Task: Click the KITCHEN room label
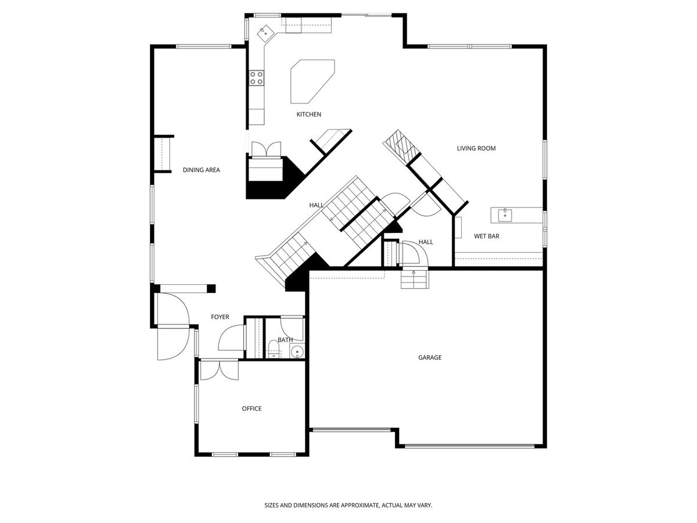(308, 114)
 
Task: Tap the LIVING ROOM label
(476, 148)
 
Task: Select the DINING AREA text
(202, 170)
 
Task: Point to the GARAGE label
(430, 357)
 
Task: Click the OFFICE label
(252, 409)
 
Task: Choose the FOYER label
(220, 317)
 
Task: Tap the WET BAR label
(487, 237)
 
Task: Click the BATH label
(285, 340)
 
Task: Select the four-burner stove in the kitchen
(257, 78)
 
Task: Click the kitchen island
(312, 81)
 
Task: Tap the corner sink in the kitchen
(265, 33)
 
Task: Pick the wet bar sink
(505, 215)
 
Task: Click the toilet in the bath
(274, 349)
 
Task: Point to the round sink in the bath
(297, 352)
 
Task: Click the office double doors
(220, 370)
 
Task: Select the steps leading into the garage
(415, 279)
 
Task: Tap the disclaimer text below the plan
(348, 496)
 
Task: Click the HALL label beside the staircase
(317, 206)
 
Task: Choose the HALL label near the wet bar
(426, 242)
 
